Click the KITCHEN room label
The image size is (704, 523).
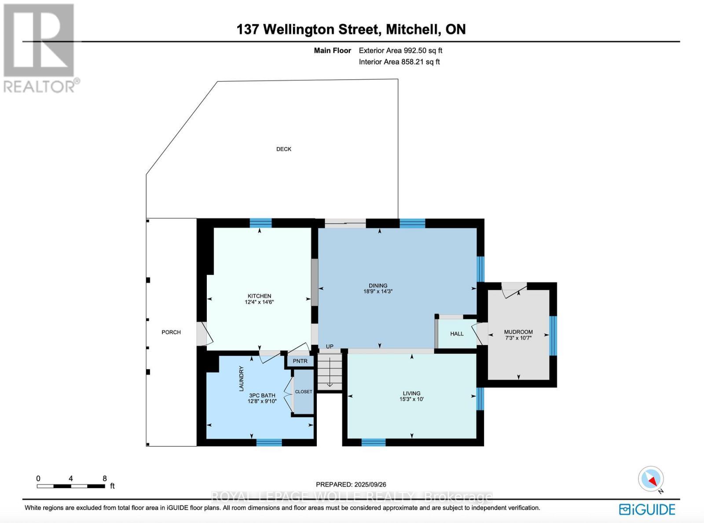[x=259, y=296]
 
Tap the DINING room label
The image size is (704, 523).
[x=378, y=285]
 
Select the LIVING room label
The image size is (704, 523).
[x=412, y=394]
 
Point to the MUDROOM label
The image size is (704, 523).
[x=518, y=332]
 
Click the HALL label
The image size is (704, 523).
[x=457, y=334]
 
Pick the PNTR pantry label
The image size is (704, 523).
[x=300, y=361]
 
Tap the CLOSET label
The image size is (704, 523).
[x=304, y=391]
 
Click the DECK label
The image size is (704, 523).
[x=284, y=149]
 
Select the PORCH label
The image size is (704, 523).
[x=171, y=332]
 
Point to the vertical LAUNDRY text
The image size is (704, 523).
[x=241, y=379]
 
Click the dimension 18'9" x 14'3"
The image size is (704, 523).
[x=378, y=291]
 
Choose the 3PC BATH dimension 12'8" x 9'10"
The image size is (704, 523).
[x=262, y=401]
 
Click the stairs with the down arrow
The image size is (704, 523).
[x=330, y=372]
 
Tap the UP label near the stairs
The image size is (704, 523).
[x=330, y=346]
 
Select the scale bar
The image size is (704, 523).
[x=71, y=486]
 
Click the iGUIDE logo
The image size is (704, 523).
[x=647, y=510]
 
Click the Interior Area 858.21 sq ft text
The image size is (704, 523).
[x=399, y=62]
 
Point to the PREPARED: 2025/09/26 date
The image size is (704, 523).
[x=351, y=484]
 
